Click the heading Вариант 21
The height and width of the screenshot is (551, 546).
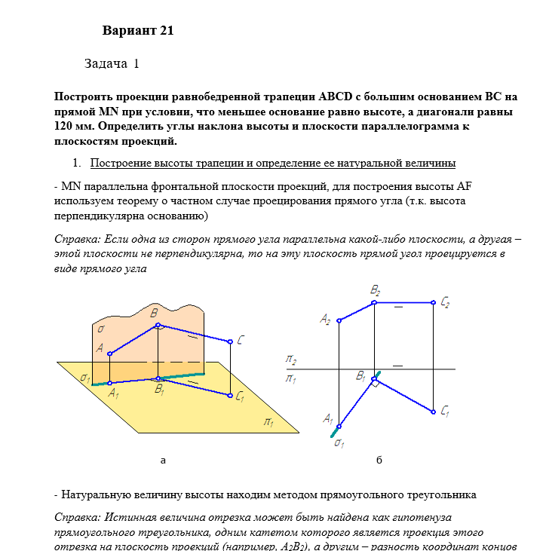click(x=138, y=31)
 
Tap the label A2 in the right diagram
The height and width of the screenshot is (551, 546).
click(x=325, y=320)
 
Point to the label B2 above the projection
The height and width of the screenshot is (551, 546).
click(x=375, y=289)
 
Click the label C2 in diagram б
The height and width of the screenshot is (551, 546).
click(x=445, y=303)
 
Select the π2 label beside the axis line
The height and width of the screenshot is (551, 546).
click(x=290, y=360)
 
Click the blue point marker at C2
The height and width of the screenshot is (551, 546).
click(x=434, y=303)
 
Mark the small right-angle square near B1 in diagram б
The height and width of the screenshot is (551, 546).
click(x=374, y=383)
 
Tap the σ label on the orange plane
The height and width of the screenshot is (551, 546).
click(x=100, y=329)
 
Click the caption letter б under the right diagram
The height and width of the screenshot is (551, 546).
click(x=379, y=460)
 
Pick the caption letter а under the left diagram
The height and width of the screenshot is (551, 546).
click(x=163, y=460)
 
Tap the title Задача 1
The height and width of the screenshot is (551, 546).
click(x=112, y=64)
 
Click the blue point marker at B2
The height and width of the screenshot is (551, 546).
click(x=375, y=303)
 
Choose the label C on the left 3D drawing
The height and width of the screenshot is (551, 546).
click(x=239, y=341)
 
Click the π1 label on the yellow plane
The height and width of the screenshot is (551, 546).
click(x=268, y=422)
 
